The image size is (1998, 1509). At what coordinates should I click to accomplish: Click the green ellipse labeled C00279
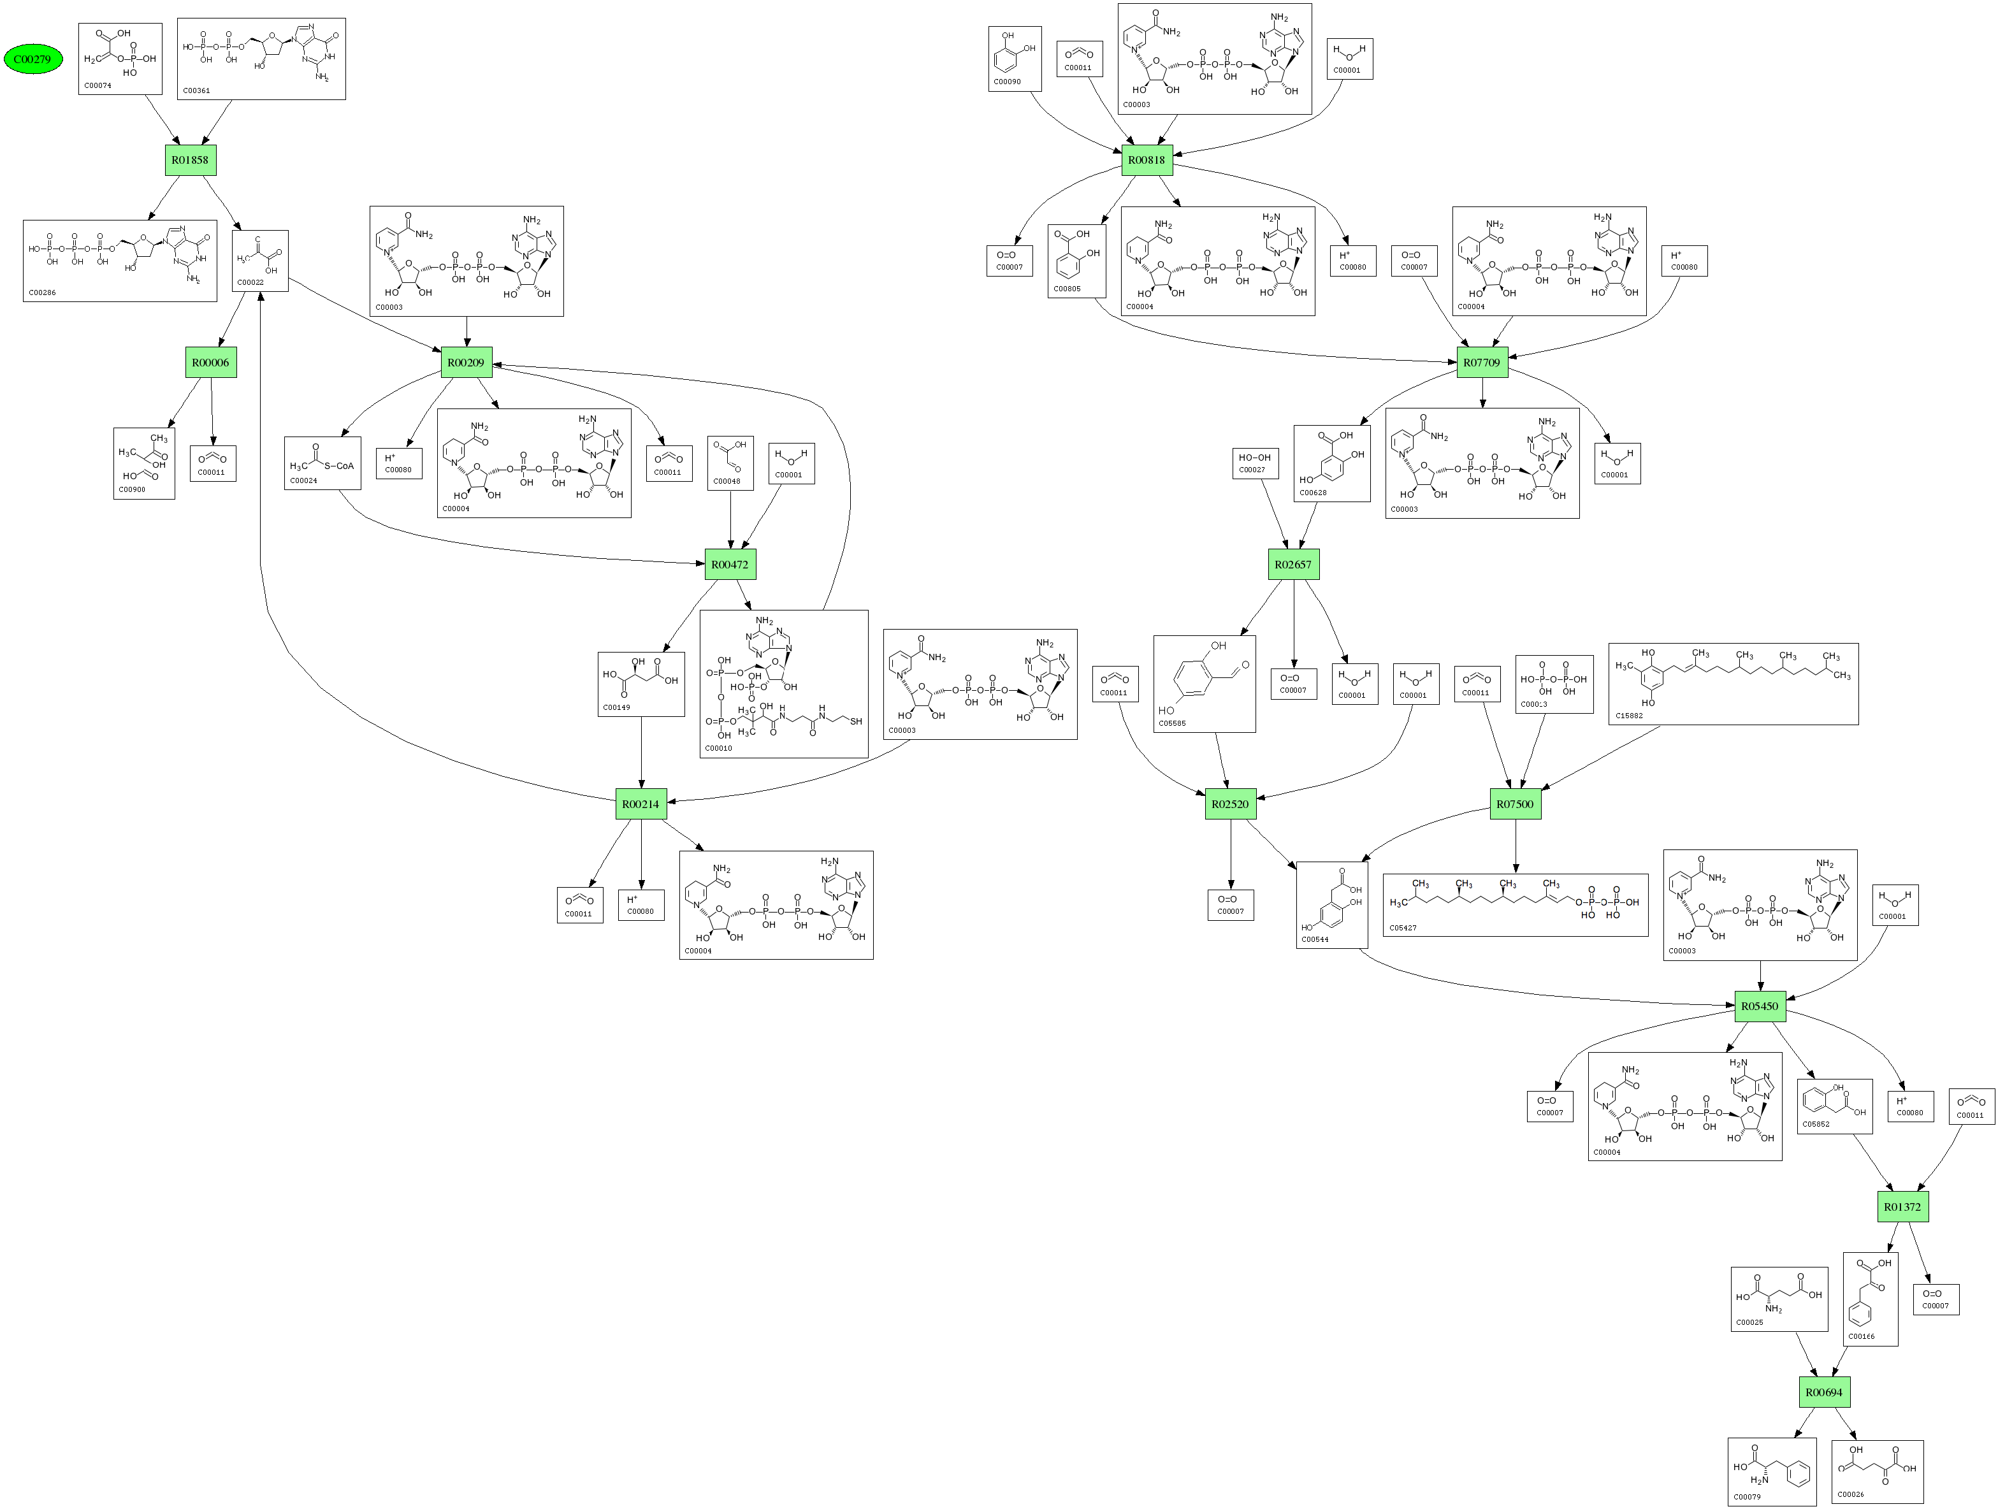tap(33, 60)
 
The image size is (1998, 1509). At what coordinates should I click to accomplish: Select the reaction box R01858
tap(190, 160)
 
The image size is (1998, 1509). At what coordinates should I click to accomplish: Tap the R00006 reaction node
tap(210, 362)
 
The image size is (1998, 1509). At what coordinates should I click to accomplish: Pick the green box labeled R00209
tap(466, 362)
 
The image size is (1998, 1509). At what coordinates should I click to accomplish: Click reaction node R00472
tap(730, 565)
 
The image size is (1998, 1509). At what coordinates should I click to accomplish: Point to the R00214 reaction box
tap(641, 804)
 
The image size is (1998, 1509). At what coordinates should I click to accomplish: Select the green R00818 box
tap(1147, 160)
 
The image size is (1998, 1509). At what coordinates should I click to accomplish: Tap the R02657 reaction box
tap(1292, 565)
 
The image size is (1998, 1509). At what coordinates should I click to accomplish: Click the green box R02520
tap(1230, 804)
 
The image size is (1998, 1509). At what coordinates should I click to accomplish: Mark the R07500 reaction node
tap(1515, 804)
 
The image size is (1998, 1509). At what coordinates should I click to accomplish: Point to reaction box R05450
tap(1760, 1006)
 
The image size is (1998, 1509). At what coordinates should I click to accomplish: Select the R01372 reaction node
tap(1902, 1206)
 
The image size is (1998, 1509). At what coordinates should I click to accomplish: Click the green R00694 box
tap(1823, 1392)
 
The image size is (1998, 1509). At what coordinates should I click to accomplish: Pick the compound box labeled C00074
tap(120, 59)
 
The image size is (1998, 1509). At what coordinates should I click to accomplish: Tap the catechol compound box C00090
tap(1015, 59)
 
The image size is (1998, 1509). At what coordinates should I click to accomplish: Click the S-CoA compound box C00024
tap(322, 463)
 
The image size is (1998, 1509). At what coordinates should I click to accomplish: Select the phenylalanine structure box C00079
tap(1771, 1472)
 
